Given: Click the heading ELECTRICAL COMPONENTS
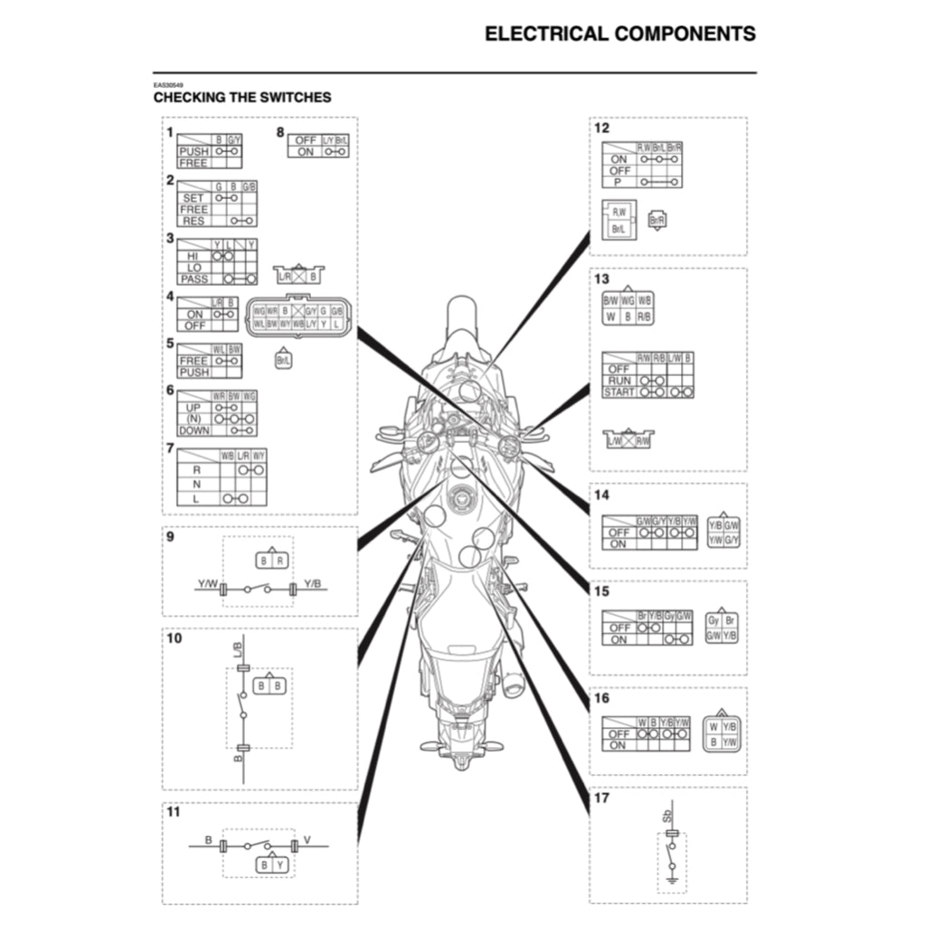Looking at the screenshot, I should pyautogui.click(x=619, y=34).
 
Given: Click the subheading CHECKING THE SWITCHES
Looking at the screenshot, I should pyautogui.click(x=241, y=97).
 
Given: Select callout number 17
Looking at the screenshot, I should pyautogui.click(x=601, y=798).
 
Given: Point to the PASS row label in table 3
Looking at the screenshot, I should pyautogui.click(x=194, y=279).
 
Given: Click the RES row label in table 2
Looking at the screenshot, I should pyautogui.click(x=194, y=221).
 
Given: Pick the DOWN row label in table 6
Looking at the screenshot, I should pyautogui.click(x=194, y=430).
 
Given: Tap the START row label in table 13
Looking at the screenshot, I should pyautogui.click(x=619, y=392).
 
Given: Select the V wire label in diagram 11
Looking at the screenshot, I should pyautogui.click(x=307, y=840).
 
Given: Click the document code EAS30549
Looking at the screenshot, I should pyautogui.click(x=167, y=83).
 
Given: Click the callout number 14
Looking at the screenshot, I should pyautogui.click(x=601, y=495).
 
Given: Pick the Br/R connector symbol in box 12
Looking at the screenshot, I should pyautogui.click(x=657, y=220).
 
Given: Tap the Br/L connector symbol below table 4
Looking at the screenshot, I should pyautogui.click(x=283, y=360).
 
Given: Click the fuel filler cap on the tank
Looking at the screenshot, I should pyautogui.click(x=462, y=495).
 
